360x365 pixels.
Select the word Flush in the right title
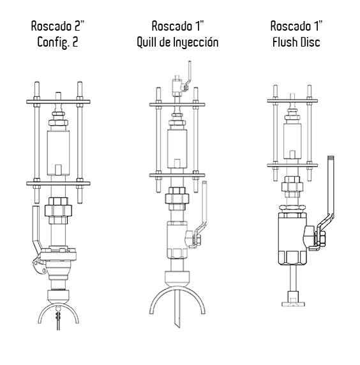click(x=284, y=42)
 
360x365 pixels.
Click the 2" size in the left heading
click(x=79, y=26)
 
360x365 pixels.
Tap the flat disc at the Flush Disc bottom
click(x=293, y=304)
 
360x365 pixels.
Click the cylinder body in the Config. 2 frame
click(x=58, y=153)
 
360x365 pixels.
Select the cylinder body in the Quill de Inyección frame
click(x=177, y=149)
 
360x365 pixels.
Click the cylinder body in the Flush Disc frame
click(x=292, y=141)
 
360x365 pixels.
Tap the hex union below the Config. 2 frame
click(x=58, y=211)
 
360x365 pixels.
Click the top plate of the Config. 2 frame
click(x=58, y=101)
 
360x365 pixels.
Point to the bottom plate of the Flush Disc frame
click(x=292, y=165)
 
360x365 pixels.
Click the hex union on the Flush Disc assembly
click(x=292, y=187)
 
